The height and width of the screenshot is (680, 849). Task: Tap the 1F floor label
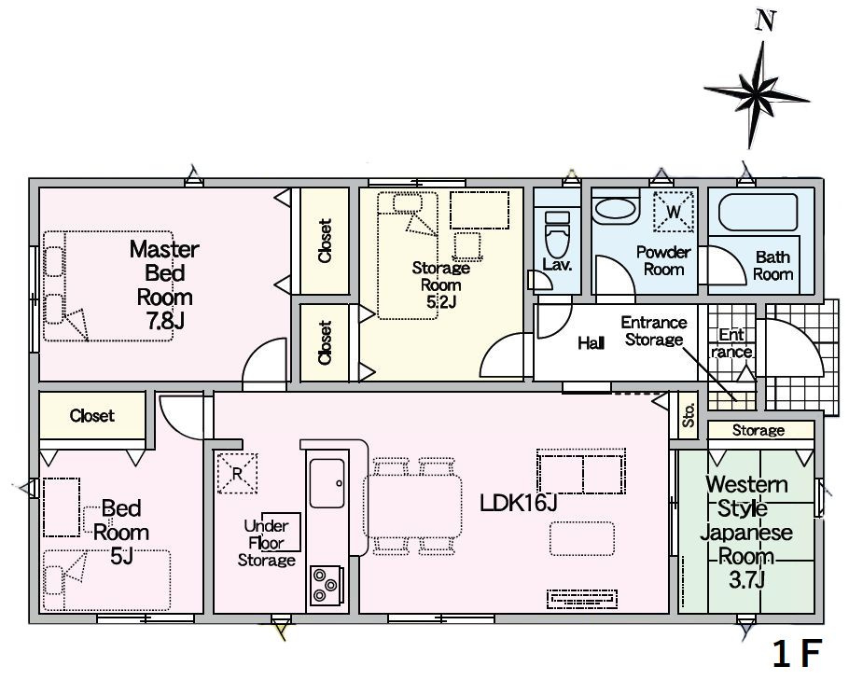point(797,654)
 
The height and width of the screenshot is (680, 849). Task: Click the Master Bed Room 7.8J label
point(164,284)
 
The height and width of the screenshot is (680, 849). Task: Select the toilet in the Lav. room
point(557,234)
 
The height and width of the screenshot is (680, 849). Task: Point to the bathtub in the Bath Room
point(758,212)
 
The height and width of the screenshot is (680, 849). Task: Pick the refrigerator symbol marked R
point(237,473)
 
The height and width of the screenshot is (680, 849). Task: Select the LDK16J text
point(518,504)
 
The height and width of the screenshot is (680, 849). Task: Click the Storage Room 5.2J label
point(440,284)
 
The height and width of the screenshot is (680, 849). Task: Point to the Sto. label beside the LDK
point(689,415)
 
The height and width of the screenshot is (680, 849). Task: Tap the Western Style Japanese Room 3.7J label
point(746,533)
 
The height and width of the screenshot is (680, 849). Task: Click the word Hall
point(591,342)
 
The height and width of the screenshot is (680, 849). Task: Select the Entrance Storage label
point(653,331)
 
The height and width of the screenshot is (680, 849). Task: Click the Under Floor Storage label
point(267,543)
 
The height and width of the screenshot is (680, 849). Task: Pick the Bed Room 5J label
point(120,533)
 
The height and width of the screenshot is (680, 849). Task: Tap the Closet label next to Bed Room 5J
point(92,416)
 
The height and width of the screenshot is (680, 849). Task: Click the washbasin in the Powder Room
point(615,210)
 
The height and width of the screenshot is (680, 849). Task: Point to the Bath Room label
point(772,265)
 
